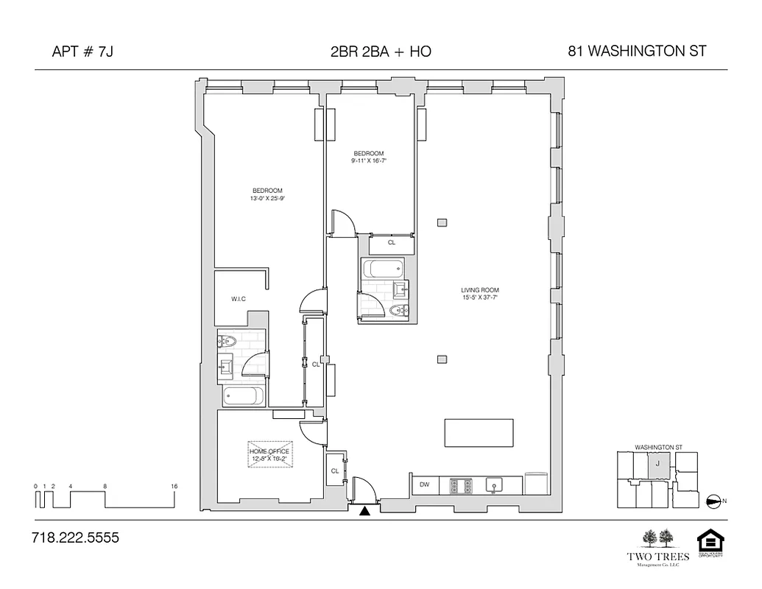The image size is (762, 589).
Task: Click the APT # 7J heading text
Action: pyautogui.click(x=82, y=52)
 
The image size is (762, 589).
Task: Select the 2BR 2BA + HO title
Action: pyautogui.click(x=381, y=52)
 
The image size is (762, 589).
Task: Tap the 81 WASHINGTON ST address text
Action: pyautogui.click(x=637, y=52)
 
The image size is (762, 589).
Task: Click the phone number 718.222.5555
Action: pyautogui.click(x=75, y=538)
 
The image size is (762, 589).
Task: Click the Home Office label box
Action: pyautogui.click(x=269, y=454)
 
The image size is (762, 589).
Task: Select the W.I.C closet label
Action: pyautogui.click(x=239, y=298)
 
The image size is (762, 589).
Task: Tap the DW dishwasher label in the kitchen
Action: pyautogui.click(x=424, y=484)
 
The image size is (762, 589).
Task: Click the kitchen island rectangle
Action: pyautogui.click(x=479, y=433)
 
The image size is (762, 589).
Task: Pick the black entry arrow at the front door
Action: pyautogui.click(x=364, y=511)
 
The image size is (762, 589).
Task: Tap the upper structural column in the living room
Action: pyautogui.click(x=441, y=222)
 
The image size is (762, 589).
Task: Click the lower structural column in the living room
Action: pyautogui.click(x=441, y=359)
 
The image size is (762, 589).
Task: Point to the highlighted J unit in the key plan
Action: pyautogui.click(x=657, y=465)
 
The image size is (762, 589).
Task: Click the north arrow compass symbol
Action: pyautogui.click(x=713, y=501)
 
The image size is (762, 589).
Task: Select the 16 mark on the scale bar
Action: pyautogui.click(x=174, y=487)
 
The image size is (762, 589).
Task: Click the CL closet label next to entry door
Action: pyautogui.click(x=334, y=471)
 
